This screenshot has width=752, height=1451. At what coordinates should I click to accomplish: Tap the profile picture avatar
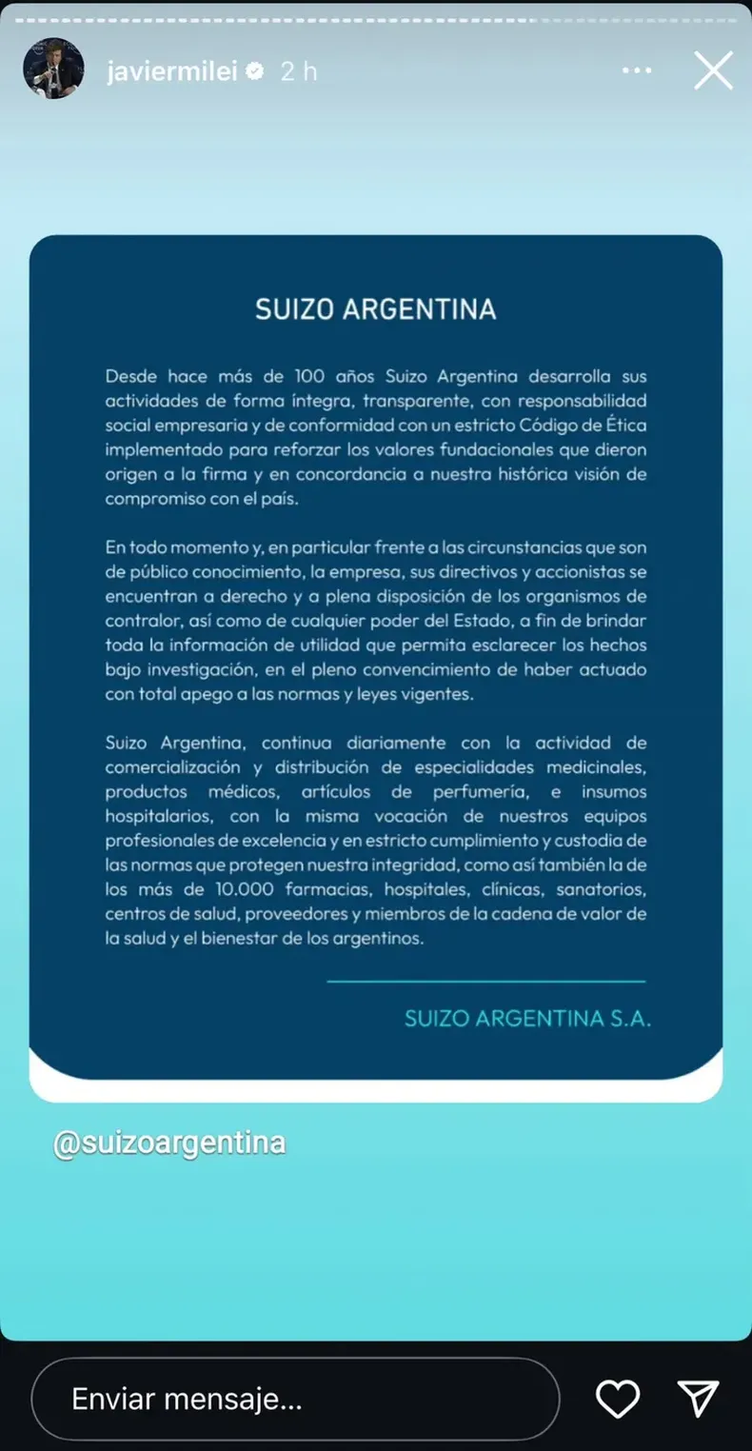tap(53, 70)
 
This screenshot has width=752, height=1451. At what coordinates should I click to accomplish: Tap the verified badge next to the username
tap(255, 71)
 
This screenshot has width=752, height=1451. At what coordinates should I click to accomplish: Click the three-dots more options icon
tap(637, 70)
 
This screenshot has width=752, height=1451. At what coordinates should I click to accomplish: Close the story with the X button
tap(713, 70)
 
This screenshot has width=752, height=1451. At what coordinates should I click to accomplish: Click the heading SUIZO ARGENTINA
tap(375, 310)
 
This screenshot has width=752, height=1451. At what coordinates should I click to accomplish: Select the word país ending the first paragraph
tap(280, 499)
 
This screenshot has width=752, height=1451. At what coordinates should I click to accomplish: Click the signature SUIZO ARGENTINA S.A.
tap(527, 1018)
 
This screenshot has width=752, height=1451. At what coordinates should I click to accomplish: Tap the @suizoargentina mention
tap(169, 1142)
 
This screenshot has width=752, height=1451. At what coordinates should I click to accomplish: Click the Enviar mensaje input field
tap(295, 1399)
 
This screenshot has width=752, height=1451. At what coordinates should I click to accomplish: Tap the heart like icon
tap(617, 1399)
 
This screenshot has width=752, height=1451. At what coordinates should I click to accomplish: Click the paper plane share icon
tap(698, 1399)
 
